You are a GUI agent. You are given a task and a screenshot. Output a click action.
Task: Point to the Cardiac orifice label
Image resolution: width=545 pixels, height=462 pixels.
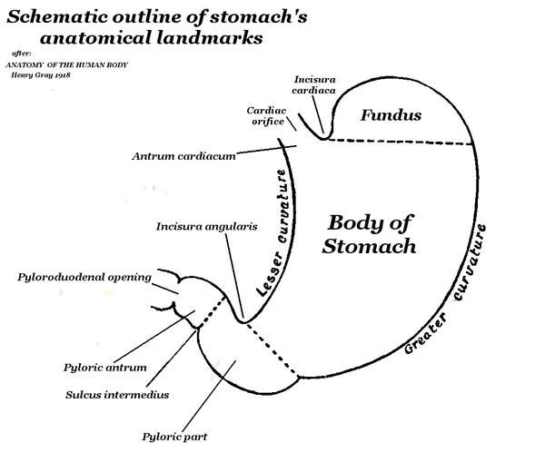(x=267, y=117)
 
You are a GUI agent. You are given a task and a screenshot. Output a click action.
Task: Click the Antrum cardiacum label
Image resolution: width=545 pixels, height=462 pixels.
(x=183, y=156)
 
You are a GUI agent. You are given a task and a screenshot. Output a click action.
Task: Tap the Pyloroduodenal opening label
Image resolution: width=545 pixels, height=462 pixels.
(x=84, y=277)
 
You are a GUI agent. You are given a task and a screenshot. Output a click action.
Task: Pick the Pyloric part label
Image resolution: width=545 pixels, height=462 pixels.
(x=174, y=437)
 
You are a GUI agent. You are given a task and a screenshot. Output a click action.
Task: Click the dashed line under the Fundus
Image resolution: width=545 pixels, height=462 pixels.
(x=400, y=142)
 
